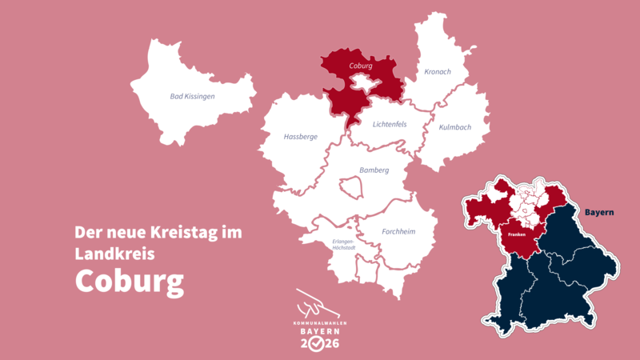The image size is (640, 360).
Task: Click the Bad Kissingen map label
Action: pyautogui.click(x=193, y=97)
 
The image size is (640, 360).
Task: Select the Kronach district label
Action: pyautogui.click(x=438, y=72)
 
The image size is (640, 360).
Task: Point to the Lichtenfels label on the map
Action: pyautogui.click(x=390, y=124)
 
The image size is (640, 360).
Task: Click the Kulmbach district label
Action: pyautogui.click(x=455, y=127)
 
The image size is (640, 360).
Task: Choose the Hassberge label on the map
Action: pyautogui.click(x=301, y=137)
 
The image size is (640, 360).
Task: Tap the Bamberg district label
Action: pyautogui.click(x=374, y=170)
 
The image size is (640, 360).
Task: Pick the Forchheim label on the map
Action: pyautogui.click(x=398, y=232)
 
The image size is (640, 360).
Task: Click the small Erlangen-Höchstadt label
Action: pyautogui.click(x=343, y=244)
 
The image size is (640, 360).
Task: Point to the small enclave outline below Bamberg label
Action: pyautogui.click(x=352, y=187)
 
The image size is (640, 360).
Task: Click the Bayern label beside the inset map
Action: pyautogui.click(x=598, y=213)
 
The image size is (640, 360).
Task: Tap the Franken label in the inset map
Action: pyautogui.click(x=517, y=234)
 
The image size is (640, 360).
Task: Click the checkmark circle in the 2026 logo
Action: pyautogui.click(x=318, y=344)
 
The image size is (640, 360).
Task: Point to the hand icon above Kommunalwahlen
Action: pyautogui.click(x=315, y=305)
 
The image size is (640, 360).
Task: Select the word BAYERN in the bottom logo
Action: pyautogui.click(x=319, y=330)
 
